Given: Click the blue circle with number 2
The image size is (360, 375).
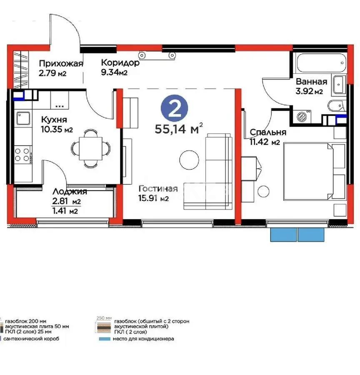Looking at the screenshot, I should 175,107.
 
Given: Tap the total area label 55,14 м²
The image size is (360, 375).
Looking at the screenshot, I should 179,128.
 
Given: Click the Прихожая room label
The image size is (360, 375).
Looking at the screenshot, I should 61,64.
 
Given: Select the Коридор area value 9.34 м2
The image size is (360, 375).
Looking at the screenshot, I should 114,73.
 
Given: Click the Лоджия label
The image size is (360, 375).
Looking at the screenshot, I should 70,192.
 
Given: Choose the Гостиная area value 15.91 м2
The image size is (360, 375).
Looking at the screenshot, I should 154,199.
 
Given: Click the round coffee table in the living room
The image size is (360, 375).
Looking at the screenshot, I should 190,160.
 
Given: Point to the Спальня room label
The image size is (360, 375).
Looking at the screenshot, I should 268,132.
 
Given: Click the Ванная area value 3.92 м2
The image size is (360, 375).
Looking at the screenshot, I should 308,92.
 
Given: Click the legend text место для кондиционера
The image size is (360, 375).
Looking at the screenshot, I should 143,339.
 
